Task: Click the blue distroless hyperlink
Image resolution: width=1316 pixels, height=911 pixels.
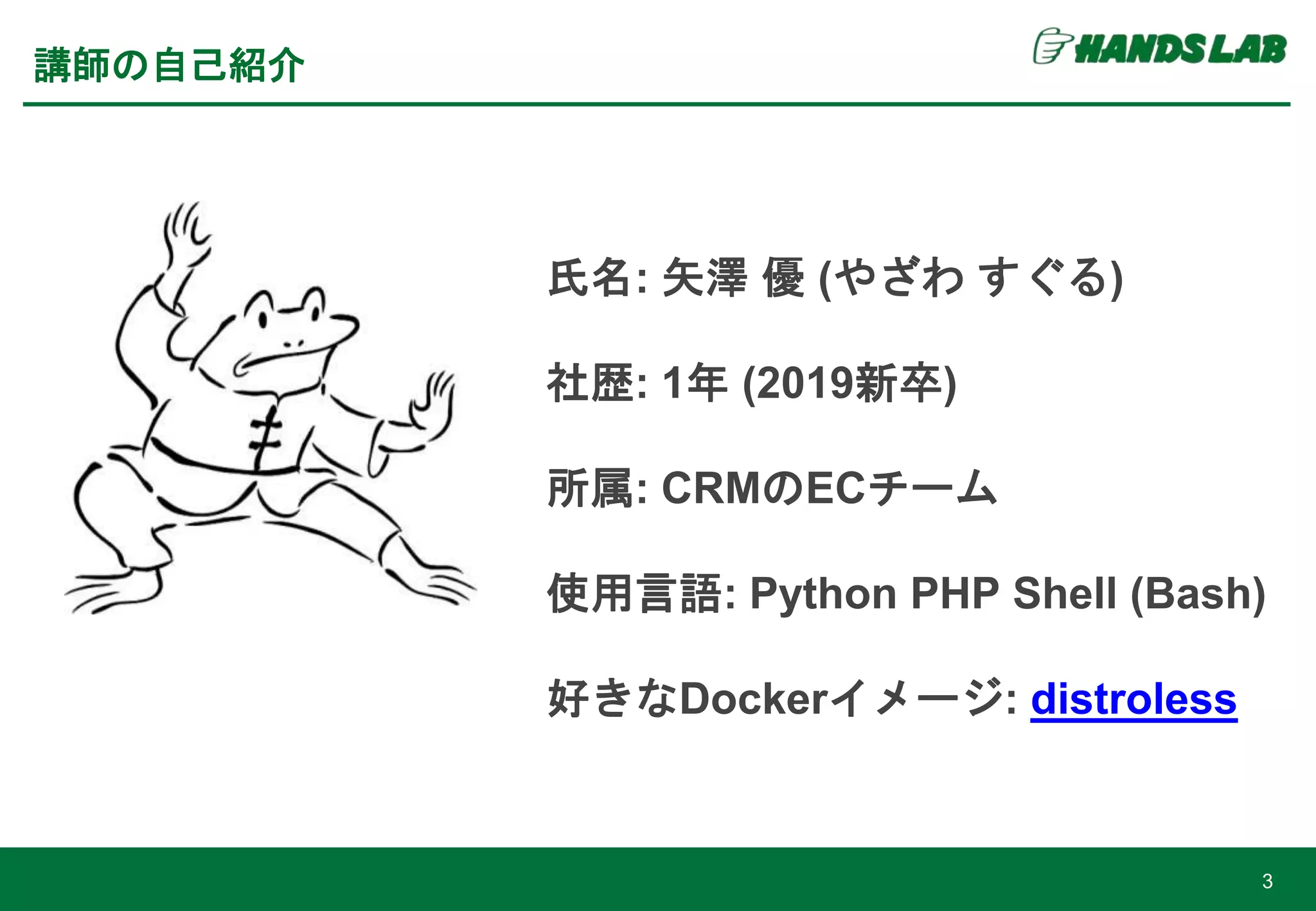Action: [1134, 699]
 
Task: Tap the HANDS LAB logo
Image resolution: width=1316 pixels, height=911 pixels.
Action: [1160, 48]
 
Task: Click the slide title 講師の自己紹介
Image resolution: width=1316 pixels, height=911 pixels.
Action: [169, 66]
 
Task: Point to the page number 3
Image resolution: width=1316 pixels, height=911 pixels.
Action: [1267, 881]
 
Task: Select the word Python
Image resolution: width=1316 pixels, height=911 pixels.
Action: [823, 594]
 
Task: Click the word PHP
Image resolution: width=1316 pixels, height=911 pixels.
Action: [955, 594]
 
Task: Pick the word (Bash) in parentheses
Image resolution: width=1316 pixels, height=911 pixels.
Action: [1197, 594]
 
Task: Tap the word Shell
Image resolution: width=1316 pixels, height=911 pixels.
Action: [1064, 594]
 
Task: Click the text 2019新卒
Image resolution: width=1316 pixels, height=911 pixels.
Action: [849, 384]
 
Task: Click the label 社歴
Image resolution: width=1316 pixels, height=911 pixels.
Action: [589, 384]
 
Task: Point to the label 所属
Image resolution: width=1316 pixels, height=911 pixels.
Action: [589, 489]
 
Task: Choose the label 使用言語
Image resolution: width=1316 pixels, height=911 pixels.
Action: [634, 594]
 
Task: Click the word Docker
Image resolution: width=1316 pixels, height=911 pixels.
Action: [754, 699]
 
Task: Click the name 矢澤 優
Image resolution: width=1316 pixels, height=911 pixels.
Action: [733, 278]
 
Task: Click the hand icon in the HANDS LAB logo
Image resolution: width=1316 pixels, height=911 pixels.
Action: [1051, 47]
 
